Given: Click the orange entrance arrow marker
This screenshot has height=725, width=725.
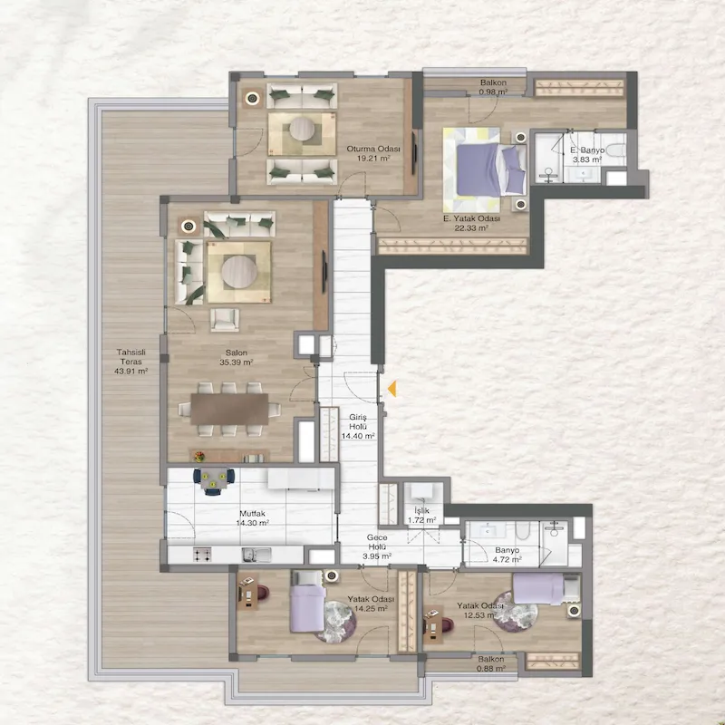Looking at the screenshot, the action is click(x=392, y=389).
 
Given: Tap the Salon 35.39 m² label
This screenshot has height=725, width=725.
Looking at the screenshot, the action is click(x=237, y=357).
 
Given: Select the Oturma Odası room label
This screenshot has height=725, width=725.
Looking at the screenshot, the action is click(x=373, y=149).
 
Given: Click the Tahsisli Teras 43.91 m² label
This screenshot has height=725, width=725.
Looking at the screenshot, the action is click(x=130, y=362).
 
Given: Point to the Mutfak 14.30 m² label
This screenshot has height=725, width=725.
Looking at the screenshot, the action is click(x=253, y=518).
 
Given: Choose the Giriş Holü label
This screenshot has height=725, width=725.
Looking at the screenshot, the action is click(x=358, y=421).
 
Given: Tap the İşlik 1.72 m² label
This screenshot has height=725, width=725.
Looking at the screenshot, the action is click(x=421, y=516).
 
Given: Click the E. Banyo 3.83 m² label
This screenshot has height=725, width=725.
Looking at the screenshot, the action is click(x=587, y=155).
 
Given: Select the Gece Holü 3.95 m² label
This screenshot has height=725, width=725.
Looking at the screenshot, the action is click(x=377, y=546).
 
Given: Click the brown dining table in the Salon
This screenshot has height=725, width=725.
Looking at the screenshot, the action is click(x=229, y=409).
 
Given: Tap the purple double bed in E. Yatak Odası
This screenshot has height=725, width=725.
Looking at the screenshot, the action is click(x=491, y=169).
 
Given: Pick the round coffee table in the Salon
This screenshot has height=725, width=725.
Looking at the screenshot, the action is click(x=239, y=272).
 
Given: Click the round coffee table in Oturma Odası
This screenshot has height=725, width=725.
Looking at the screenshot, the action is click(x=302, y=129).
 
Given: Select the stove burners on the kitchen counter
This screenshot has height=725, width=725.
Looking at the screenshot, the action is click(x=202, y=555).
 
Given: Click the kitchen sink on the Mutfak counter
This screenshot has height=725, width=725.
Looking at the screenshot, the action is click(x=256, y=555).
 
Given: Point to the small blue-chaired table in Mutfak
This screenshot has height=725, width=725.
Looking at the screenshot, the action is click(x=214, y=480).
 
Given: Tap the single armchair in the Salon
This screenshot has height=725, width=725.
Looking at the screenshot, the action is click(x=225, y=320).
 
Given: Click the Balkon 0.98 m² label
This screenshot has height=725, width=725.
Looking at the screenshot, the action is click(x=493, y=87).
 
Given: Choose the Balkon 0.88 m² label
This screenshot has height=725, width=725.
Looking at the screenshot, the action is click(x=491, y=663).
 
